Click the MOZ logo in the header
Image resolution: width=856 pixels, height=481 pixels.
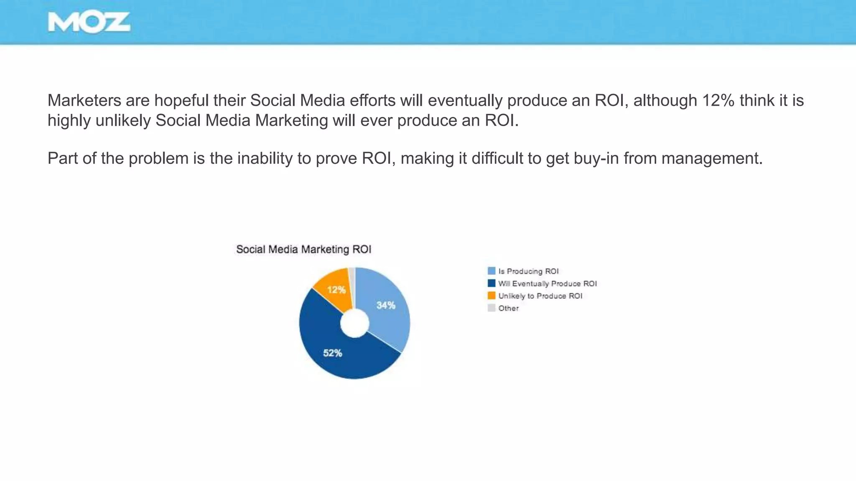click(x=89, y=22)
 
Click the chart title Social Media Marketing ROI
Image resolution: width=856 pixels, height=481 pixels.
click(x=303, y=249)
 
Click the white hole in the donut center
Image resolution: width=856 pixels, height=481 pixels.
click(x=354, y=323)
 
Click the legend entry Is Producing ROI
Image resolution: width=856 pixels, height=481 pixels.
click(x=528, y=271)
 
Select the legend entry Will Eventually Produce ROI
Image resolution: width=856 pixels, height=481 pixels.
click(x=547, y=284)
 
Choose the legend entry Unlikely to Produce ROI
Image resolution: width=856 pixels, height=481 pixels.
click(x=540, y=296)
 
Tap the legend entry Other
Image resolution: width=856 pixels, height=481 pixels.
click(x=508, y=308)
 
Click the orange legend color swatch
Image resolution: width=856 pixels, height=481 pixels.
click(x=492, y=296)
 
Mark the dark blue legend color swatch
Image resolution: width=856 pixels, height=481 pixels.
click(x=492, y=284)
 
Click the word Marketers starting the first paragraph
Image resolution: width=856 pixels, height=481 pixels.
click(x=84, y=101)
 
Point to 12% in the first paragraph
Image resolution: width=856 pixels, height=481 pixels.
click(x=718, y=101)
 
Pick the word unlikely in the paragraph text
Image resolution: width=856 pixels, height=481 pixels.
click(x=123, y=121)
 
